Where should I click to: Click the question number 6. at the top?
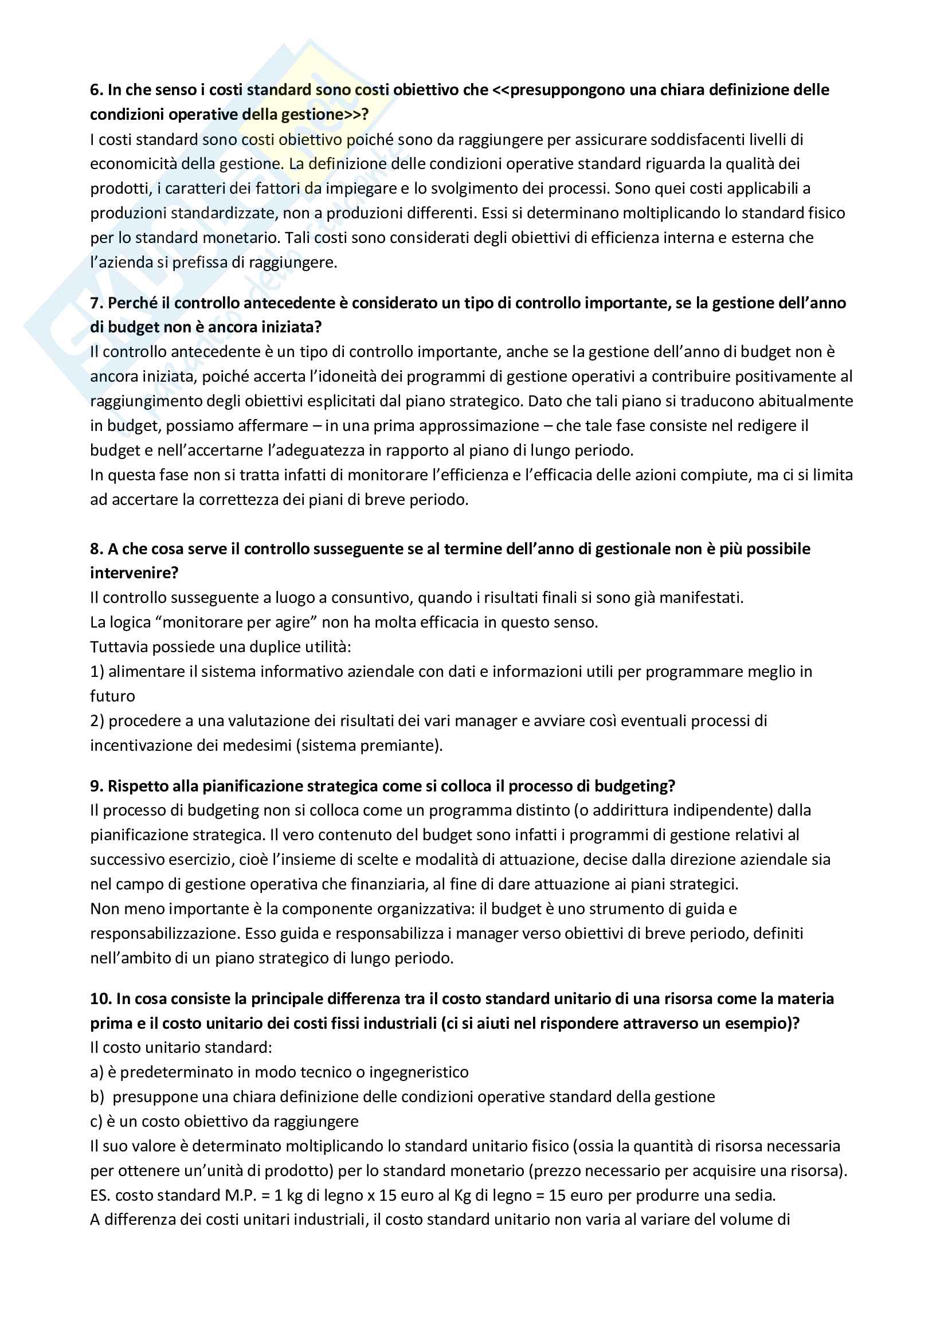(x=96, y=90)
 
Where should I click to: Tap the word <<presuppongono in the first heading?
(x=552, y=90)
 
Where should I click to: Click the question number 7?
(x=96, y=303)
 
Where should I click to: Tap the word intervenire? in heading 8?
(x=134, y=573)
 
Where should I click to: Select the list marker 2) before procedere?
(x=97, y=721)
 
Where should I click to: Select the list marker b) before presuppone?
(x=97, y=1097)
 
